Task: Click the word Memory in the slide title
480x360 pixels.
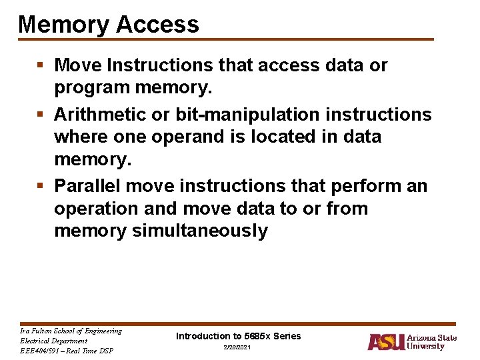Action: (x=63, y=25)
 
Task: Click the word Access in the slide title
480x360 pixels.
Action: (x=157, y=25)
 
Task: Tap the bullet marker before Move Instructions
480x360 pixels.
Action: (x=41, y=65)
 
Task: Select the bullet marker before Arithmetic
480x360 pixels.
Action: (x=41, y=115)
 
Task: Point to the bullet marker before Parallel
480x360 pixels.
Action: (x=41, y=185)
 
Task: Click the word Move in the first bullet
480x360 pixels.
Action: (x=77, y=65)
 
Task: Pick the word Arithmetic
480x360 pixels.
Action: (x=100, y=115)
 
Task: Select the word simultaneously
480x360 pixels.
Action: (x=200, y=231)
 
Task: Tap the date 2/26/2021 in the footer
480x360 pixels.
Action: (x=238, y=349)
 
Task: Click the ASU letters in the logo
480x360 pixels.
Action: (x=385, y=342)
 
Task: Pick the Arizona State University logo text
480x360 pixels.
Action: (x=431, y=342)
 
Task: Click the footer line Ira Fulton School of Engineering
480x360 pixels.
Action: (x=71, y=331)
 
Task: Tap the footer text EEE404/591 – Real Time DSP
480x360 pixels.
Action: (x=67, y=351)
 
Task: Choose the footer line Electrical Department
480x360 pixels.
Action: (x=54, y=341)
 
